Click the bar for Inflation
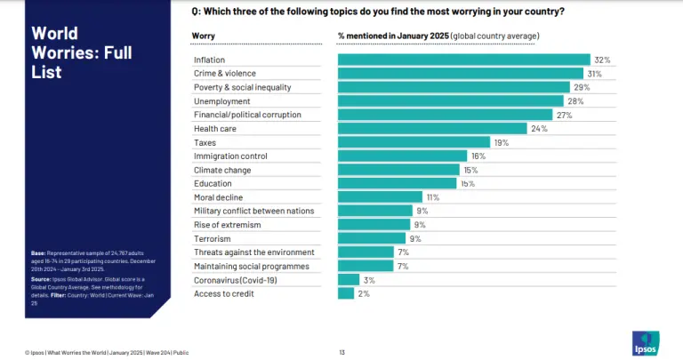pyautogui.click(x=463, y=60)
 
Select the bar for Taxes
pyautogui.click(x=414, y=142)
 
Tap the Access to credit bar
pyautogui.click(x=346, y=293)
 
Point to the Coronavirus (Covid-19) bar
pyautogui.click(x=349, y=280)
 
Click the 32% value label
pyautogui.click(x=602, y=60)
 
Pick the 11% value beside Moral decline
pyautogui.click(x=433, y=197)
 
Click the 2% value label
pyautogui.click(x=364, y=293)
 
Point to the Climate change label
pyautogui.click(x=222, y=170)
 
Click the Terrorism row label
pyautogui.click(x=213, y=239)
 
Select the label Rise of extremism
pyautogui.click(x=225, y=225)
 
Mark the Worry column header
pyautogui.click(x=203, y=36)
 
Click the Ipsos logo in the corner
pyautogui.click(x=645, y=342)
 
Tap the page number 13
pyautogui.click(x=341, y=352)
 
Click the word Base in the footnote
pyautogui.click(x=38, y=253)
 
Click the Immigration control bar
pyautogui.click(x=403, y=156)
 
